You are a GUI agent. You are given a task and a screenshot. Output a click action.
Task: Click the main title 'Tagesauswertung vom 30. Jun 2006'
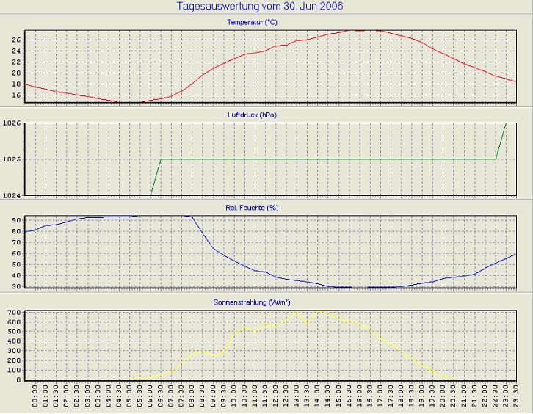(x=260, y=7)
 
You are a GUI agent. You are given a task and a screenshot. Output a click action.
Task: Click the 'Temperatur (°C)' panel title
(x=253, y=23)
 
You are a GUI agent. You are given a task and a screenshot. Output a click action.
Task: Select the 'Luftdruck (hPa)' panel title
(x=253, y=115)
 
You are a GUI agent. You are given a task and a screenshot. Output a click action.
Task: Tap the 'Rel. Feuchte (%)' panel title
(x=253, y=208)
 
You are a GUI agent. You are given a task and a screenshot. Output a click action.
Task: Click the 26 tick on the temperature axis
(x=15, y=40)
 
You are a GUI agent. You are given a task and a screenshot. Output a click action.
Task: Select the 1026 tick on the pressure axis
(x=12, y=123)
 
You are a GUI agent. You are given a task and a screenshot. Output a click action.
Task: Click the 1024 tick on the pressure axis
(x=12, y=195)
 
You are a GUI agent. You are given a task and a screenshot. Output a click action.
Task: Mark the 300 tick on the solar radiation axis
(x=13, y=351)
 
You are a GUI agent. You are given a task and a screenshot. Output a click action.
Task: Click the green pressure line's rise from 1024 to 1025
(x=156, y=177)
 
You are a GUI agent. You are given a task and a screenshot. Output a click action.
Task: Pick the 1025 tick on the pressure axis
(x=12, y=159)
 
